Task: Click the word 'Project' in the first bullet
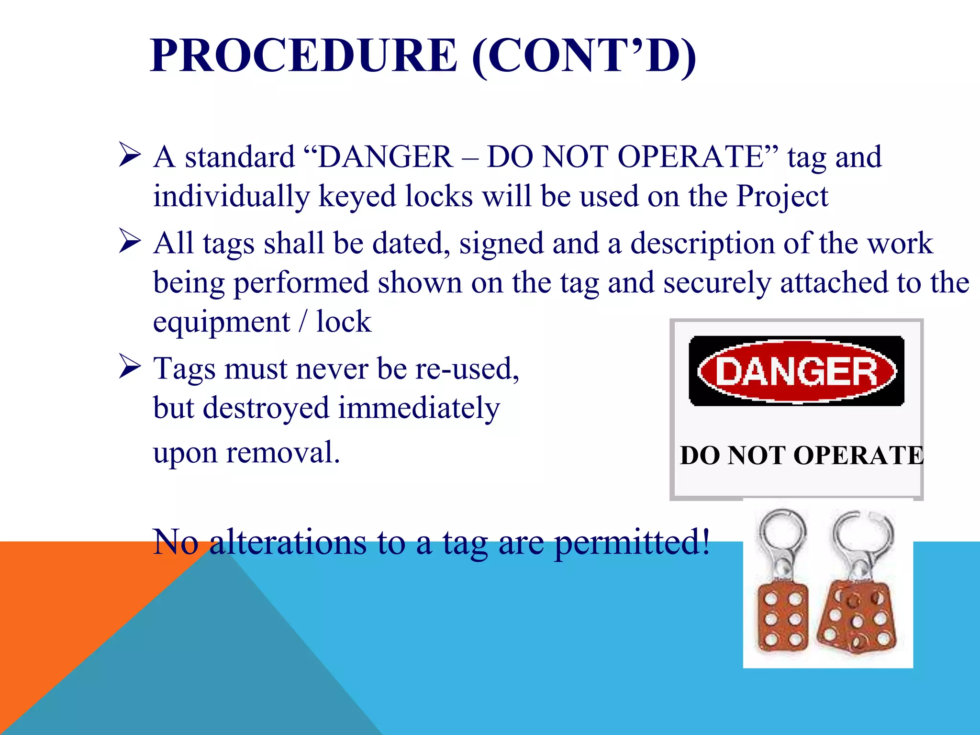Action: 782,196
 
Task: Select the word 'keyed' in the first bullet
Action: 357,196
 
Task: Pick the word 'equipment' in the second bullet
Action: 221,322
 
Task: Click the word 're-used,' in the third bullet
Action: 467,369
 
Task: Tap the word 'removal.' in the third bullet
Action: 283,453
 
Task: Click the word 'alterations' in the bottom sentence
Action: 288,542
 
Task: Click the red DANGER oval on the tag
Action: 796,371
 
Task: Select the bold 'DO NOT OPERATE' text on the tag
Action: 802,455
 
